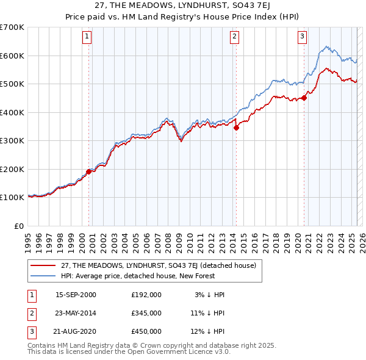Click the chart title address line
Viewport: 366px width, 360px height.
coord(182,6)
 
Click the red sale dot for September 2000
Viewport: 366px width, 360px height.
coord(89,171)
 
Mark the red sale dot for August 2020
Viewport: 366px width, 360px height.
coord(304,98)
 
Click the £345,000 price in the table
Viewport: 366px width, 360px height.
coord(146,313)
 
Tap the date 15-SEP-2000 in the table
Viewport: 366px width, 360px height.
coord(76,295)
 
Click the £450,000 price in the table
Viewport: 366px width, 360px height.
coord(146,331)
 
